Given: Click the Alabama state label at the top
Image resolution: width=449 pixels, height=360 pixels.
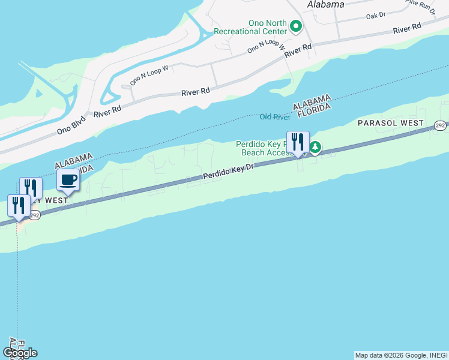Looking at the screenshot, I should pyautogui.click(x=325, y=4).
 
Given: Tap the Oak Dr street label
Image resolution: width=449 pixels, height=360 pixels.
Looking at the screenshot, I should pyautogui.click(x=379, y=16).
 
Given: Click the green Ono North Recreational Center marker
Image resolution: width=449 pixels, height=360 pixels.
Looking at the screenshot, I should pyautogui.click(x=295, y=26).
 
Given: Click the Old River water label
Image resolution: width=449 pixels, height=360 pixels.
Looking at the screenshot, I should pyautogui.click(x=274, y=116).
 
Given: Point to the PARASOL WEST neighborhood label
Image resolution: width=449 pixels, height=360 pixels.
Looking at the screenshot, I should pyautogui.click(x=390, y=122).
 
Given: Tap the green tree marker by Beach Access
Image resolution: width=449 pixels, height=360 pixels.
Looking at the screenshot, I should pyautogui.click(x=315, y=147).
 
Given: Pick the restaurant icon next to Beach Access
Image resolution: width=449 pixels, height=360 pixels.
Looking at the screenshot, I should pyautogui.click(x=298, y=143).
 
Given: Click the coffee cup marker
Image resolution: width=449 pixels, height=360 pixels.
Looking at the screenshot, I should pyautogui.click(x=68, y=180).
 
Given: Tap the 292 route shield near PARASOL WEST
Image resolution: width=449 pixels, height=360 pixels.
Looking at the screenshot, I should pyautogui.click(x=440, y=125).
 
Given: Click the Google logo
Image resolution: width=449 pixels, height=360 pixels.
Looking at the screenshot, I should pyautogui.click(x=20, y=353).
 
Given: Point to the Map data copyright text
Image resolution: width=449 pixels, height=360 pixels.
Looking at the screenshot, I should pyautogui.click(x=400, y=355).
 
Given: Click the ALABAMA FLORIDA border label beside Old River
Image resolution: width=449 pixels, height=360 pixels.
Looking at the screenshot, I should pyautogui.click(x=312, y=107).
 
